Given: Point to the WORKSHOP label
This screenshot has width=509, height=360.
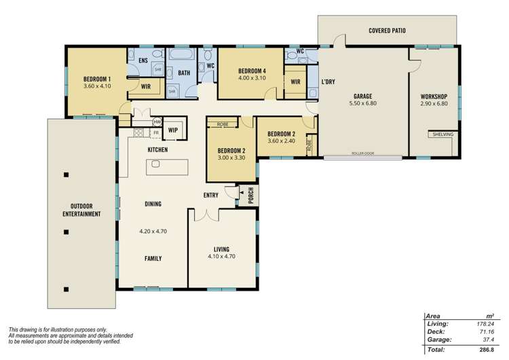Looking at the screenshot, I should [x=434, y=96].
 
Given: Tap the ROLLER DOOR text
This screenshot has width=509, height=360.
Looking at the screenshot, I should [x=363, y=154].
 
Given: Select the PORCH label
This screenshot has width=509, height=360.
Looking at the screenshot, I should [x=250, y=194].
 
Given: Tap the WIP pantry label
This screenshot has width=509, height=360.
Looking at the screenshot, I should [x=172, y=130].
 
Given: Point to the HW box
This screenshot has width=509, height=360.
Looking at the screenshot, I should [x=157, y=122].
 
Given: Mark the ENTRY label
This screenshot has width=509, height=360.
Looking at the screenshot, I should [x=211, y=195].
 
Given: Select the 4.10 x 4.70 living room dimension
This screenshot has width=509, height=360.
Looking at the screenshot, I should [x=221, y=257].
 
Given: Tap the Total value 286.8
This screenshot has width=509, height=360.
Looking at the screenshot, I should [x=485, y=349].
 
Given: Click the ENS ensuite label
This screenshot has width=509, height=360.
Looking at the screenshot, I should [x=143, y=61].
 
